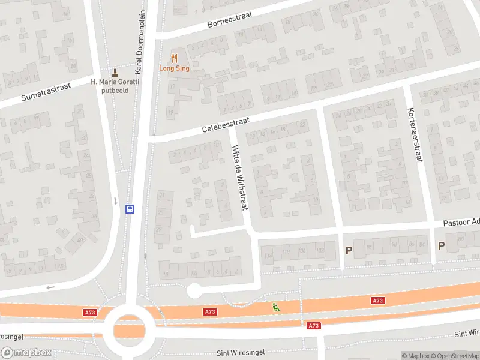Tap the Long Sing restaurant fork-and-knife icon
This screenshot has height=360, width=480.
pyautogui.click(x=175, y=58)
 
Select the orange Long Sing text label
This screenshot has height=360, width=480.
pyautogui.click(x=174, y=68)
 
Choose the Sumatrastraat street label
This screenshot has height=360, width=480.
pyautogui.click(x=46, y=92)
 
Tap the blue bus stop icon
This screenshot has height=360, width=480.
pyautogui.click(x=129, y=209)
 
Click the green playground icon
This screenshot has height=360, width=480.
pyautogui.click(x=276, y=307)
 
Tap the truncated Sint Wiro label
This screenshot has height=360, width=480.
pyautogui.click(x=467, y=332)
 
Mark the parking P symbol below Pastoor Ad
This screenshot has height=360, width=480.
pyautogui.click(x=441, y=245)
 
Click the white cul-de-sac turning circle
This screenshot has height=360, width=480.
pyautogui.click(x=194, y=291)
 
